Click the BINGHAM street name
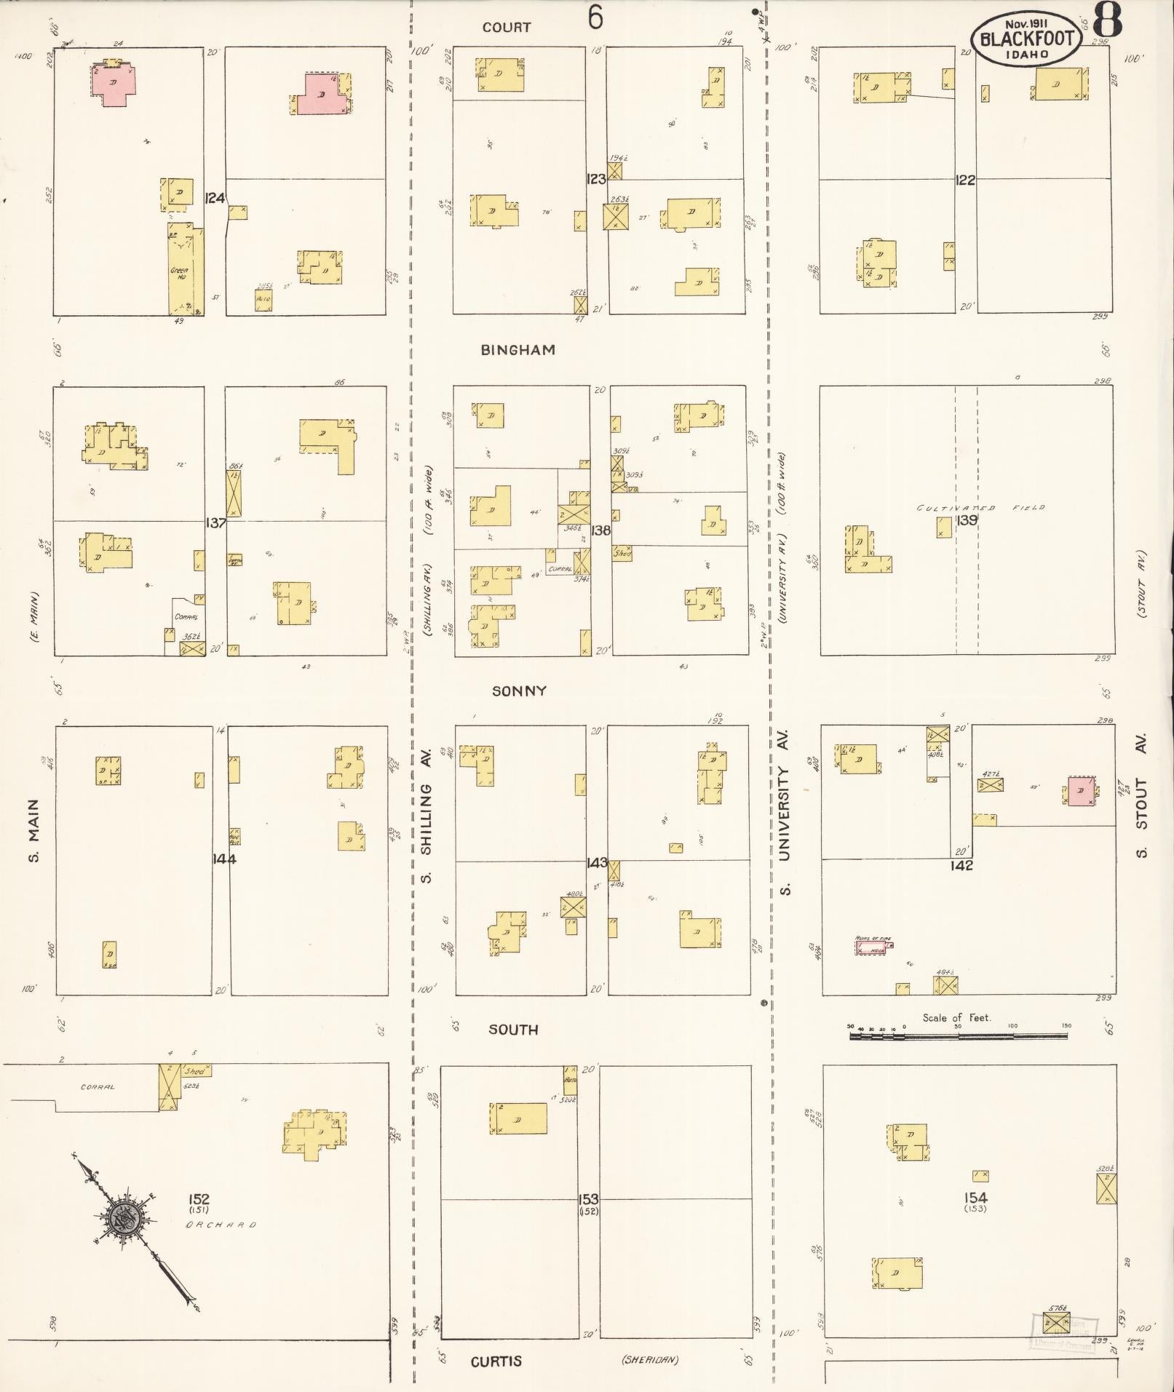517,350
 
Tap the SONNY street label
519,691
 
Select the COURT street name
507,28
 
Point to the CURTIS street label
496,1361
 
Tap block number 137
216,522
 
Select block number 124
215,198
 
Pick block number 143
597,863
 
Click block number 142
961,866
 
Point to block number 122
965,180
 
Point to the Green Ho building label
179,274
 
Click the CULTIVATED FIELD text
980,508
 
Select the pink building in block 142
1081,791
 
